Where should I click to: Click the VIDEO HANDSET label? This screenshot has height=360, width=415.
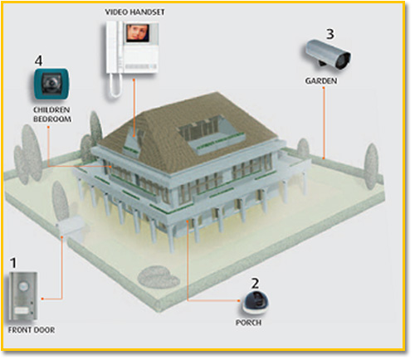coord(134,12)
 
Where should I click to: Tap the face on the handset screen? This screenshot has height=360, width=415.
coord(139,32)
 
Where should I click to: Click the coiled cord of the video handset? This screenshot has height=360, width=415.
coord(115,85)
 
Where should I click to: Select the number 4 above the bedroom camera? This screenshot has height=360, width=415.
coord(39,61)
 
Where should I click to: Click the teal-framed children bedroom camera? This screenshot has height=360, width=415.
coord(51,84)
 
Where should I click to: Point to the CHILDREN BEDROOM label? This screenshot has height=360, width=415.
coord(51,114)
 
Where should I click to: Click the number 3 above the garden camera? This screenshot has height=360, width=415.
coord(330,34)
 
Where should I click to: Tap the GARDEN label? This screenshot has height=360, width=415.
coord(321,81)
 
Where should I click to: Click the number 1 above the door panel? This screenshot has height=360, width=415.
coord(13,263)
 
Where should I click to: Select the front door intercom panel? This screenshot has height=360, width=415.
coord(23,296)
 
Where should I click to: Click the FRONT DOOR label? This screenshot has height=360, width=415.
coord(32,330)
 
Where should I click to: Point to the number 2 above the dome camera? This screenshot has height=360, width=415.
coord(256,284)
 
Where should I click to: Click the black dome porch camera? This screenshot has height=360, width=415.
coord(256,302)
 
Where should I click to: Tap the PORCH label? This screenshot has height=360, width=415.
coord(248,323)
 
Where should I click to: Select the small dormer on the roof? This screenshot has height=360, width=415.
coord(133,143)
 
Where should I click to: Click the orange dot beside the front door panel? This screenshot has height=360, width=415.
coord(42,299)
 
